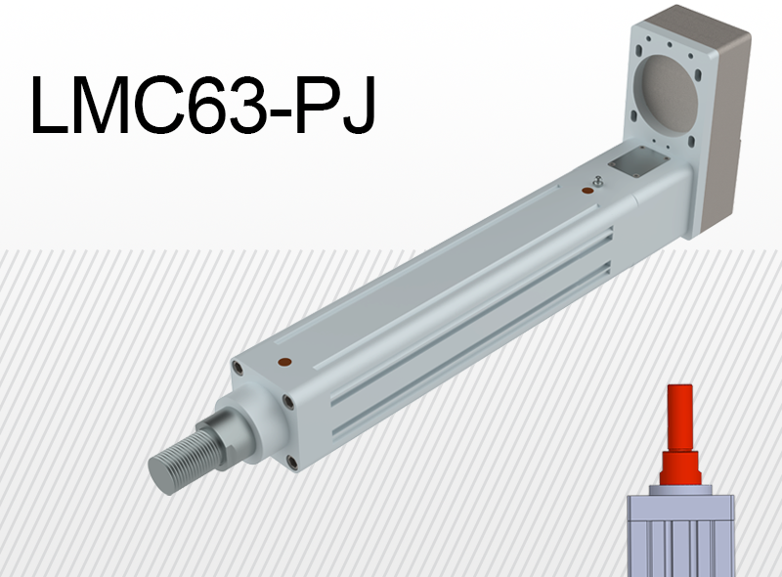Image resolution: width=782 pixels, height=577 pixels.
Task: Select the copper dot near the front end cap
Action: [284, 363]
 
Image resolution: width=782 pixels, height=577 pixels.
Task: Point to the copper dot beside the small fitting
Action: [588, 191]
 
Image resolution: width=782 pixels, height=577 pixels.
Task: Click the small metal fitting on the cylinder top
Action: [598, 181]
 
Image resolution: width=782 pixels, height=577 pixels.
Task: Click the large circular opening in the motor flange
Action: [670, 90]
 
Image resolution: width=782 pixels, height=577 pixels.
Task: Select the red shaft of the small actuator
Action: [680, 435]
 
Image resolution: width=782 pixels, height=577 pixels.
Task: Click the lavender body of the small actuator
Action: [680, 536]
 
